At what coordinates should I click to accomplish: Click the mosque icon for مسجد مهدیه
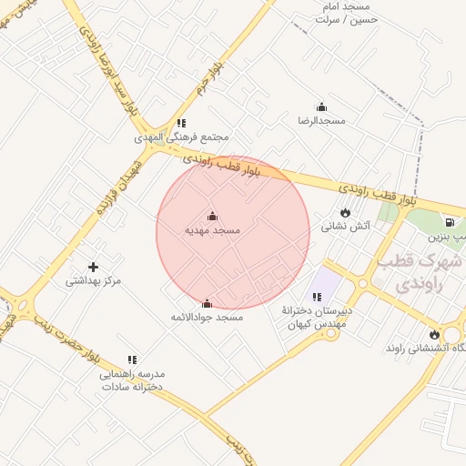tap(213, 216)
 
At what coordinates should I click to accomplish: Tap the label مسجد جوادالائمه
tap(208, 318)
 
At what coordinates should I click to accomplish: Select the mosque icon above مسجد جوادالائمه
tap(207, 303)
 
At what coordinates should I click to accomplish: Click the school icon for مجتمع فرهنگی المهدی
tap(181, 123)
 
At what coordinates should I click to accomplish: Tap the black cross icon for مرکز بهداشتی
tap(93, 267)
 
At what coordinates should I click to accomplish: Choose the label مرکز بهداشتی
tap(93, 281)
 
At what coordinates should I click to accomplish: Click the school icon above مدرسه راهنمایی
tap(132, 360)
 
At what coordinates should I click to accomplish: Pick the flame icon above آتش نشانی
tap(345, 212)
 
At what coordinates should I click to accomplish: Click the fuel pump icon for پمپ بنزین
tap(449, 222)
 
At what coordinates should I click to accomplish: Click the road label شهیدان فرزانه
tap(118, 187)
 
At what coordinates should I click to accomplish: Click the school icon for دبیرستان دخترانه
tap(317, 297)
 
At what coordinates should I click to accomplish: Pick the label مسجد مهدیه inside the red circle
tap(213, 231)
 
